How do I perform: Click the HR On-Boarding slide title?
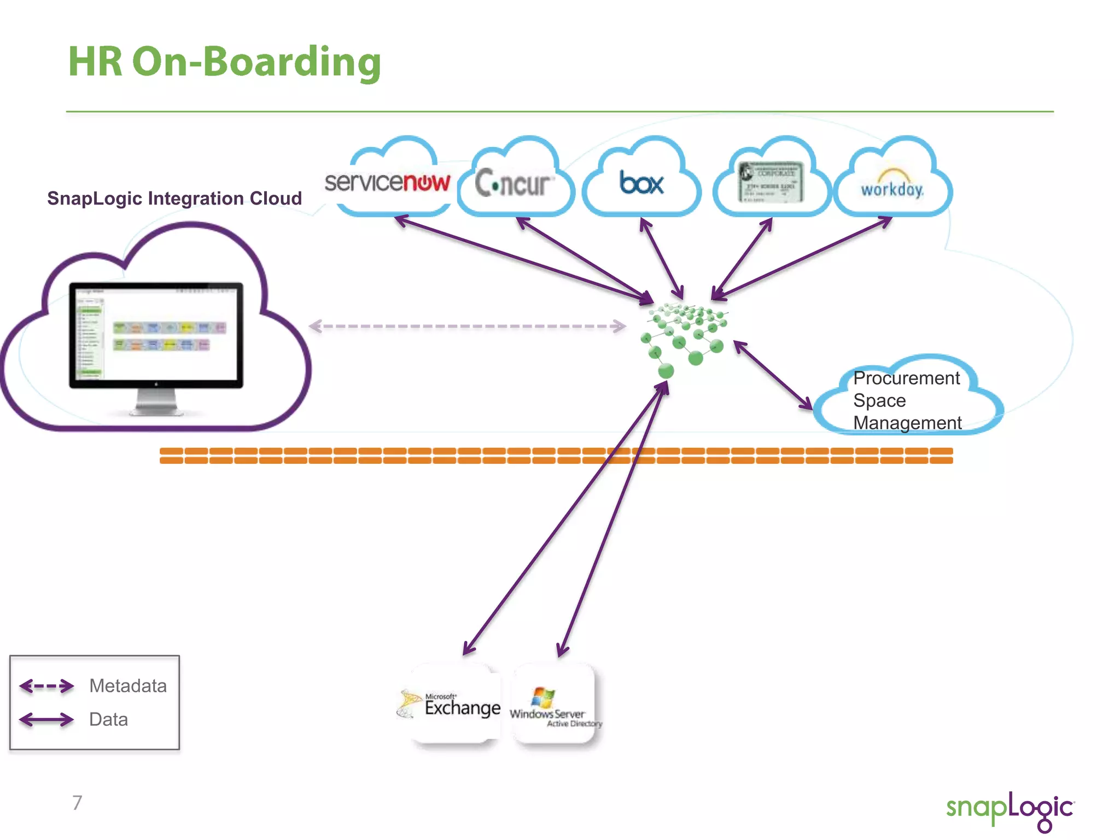(x=224, y=62)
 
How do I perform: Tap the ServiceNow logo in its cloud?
(x=387, y=182)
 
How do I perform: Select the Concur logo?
(x=513, y=183)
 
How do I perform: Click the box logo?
(x=641, y=183)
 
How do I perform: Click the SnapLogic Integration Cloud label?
(x=174, y=198)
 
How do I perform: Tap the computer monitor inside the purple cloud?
(x=156, y=335)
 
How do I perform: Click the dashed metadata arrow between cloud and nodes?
(x=468, y=326)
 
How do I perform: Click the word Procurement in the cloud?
(x=906, y=378)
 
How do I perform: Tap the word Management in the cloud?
(x=907, y=423)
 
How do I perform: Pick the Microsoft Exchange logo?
(x=450, y=704)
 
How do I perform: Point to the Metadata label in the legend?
(x=128, y=686)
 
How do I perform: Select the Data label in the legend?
(x=108, y=720)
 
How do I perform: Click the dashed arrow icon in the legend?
(x=46, y=686)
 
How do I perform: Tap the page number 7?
(x=77, y=803)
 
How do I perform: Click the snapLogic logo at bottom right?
(x=1010, y=809)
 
